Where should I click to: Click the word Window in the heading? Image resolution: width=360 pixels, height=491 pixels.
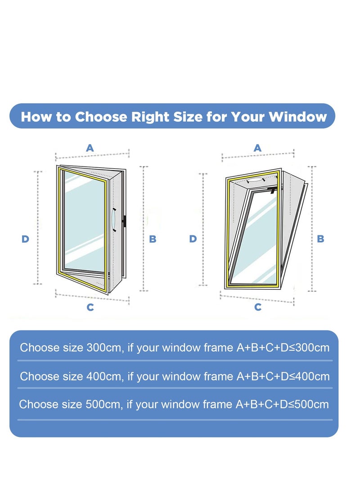click(x=297, y=117)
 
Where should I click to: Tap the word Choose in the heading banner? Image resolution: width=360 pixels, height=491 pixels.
click(x=101, y=117)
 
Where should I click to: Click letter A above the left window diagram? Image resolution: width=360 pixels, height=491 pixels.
click(x=90, y=148)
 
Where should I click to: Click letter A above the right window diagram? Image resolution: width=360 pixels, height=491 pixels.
click(x=258, y=148)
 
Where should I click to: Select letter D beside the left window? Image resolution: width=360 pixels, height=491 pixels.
click(x=25, y=239)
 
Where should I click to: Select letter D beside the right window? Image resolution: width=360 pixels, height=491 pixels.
click(x=193, y=239)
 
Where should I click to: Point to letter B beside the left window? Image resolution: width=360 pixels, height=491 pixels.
click(x=153, y=239)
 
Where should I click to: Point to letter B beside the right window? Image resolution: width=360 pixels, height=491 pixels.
click(x=320, y=239)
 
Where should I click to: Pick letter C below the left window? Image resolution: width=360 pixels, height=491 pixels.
click(x=90, y=307)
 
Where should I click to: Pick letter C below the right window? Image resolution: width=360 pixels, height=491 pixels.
click(x=258, y=307)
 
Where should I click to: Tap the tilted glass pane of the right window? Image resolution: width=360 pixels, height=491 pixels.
click(x=256, y=239)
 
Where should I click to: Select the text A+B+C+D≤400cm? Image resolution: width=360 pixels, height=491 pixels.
click(x=283, y=376)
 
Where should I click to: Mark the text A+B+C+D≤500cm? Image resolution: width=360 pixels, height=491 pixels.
click(x=282, y=404)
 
